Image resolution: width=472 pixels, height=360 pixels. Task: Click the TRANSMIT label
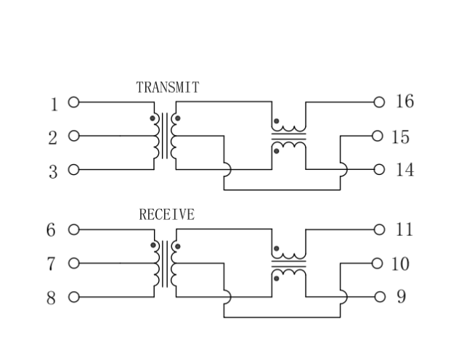pos(167,87)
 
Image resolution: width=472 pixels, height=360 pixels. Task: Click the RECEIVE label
pos(166,215)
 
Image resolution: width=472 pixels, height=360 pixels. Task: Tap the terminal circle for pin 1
pos(73,102)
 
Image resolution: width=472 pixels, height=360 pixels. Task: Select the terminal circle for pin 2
pos(73,136)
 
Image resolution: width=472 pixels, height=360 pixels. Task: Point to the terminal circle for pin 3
pos(73,170)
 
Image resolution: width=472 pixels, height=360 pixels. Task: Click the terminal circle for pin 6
pos(73,229)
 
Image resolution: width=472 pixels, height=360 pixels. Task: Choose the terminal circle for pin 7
pos(73,263)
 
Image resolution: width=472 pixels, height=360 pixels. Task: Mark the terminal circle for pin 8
pos(73,297)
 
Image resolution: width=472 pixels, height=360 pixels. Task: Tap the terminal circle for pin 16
pos(378,102)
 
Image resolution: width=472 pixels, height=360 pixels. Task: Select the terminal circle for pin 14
pos(378,170)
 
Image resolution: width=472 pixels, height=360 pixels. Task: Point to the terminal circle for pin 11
pos(378,229)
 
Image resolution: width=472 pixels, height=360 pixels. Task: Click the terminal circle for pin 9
pos(378,297)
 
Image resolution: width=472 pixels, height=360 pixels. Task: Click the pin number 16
pos(404,102)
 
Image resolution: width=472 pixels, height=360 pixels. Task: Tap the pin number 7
pos(52,264)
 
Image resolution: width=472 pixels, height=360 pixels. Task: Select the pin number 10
pos(400,264)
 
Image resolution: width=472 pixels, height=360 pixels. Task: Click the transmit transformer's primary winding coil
pos(156,136)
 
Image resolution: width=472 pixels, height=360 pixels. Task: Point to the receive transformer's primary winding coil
pos(156,263)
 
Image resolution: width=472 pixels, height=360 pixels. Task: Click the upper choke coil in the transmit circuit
pos(288,127)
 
